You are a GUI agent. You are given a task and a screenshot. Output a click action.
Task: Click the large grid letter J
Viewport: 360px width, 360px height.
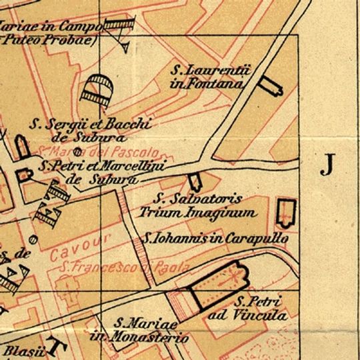point(327,163)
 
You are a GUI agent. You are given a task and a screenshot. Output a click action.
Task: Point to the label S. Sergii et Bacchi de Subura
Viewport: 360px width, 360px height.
point(92,129)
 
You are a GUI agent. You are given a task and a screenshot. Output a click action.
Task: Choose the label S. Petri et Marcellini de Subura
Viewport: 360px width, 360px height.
point(100,171)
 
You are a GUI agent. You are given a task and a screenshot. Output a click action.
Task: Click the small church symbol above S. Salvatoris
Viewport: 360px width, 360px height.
point(195,182)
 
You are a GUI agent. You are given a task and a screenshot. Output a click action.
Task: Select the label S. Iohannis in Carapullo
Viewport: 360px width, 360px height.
point(216,238)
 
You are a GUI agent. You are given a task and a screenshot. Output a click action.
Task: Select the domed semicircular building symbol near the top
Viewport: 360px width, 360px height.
point(97,87)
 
